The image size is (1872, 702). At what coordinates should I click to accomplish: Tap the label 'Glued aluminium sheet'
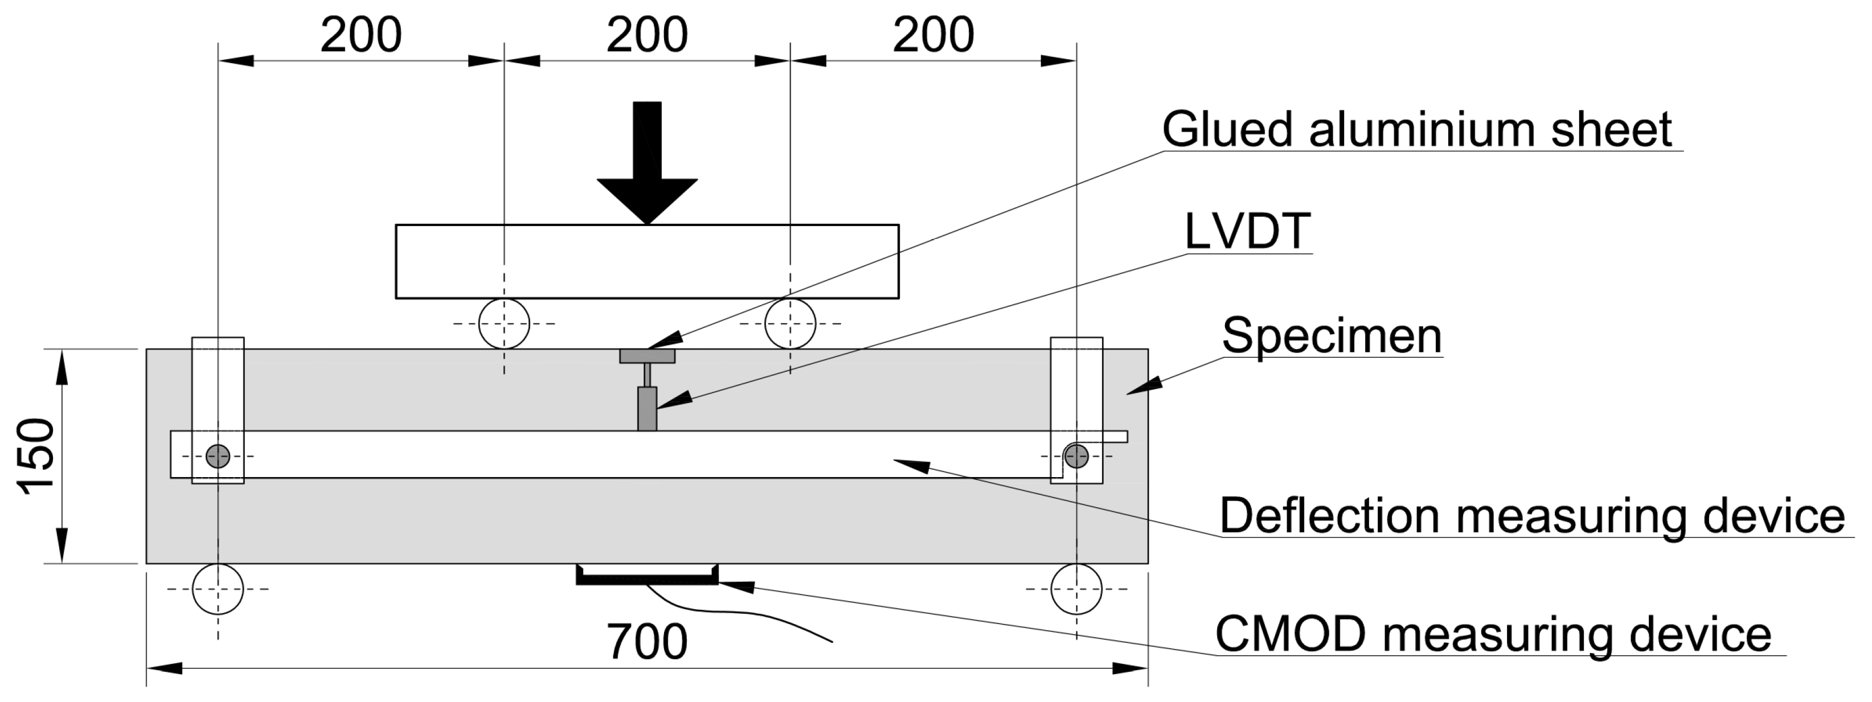pyautogui.click(x=1416, y=130)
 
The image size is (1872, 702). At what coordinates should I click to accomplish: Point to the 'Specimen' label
pyautogui.click(x=1332, y=336)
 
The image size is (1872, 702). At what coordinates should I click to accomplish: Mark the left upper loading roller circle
pyautogui.click(x=505, y=323)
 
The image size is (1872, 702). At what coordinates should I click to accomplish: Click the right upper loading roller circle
pyautogui.click(x=790, y=323)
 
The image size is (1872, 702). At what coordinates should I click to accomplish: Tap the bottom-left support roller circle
pyautogui.click(x=218, y=589)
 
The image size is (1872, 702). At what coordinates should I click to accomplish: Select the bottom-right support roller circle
pyautogui.click(x=1076, y=589)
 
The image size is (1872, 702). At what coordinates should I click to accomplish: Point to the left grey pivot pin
pyautogui.click(x=218, y=457)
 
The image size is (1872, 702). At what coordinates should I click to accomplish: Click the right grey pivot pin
pyautogui.click(x=1076, y=457)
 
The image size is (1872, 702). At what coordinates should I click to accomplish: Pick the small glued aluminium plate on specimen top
pyautogui.click(x=647, y=356)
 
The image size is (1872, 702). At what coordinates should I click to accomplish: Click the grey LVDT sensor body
pyautogui.click(x=647, y=408)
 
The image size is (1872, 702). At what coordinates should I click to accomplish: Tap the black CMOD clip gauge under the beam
pyautogui.click(x=647, y=578)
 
